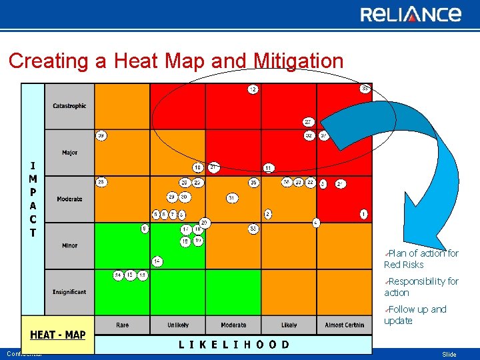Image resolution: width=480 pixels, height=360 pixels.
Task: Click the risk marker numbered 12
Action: pyautogui.click(x=253, y=89)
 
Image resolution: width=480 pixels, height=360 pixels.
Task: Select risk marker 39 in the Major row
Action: pyautogui.click(x=101, y=135)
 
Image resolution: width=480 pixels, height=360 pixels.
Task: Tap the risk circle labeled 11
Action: pyautogui.click(x=268, y=167)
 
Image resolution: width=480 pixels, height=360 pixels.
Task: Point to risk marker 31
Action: pyautogui.click(x=231, y=198)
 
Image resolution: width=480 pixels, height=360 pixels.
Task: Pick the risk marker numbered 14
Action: pyautogui.click(x=157, y=261)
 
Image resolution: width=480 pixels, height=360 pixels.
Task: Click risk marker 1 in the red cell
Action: pyautogui.click(x=363, y=214)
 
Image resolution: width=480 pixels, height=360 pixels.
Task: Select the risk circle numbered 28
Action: pyautogui.click(x=101, y=182)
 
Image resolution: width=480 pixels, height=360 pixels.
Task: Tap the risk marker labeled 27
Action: pyautogui.click(x=308, y=122)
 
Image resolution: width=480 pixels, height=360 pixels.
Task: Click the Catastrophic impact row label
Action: pyautogui.click(x=69, y=106)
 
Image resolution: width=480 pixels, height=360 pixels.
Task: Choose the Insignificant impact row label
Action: pyautogui.click(x=69, y=292)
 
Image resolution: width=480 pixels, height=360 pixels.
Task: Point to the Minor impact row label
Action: pyautogui.click(x=69, y=245)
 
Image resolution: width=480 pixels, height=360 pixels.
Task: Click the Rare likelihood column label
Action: pyautogui.click(x=123, y=325)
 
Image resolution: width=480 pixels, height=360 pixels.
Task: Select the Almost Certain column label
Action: pyautogui.click(x=345, y=325)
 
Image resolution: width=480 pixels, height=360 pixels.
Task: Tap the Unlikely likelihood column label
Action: pyautogui.click(x=178, y=325)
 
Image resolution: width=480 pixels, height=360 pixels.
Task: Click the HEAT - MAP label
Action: pyautogui.click(x=57, y=335)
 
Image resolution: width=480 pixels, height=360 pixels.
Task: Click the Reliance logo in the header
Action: pyautogui.click(x=411, y=14)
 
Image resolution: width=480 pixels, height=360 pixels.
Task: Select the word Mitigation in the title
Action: pyautogui.click(x=299, y=61)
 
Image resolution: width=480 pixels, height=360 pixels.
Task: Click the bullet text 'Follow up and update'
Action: pyautogui.click(x=418, y=315)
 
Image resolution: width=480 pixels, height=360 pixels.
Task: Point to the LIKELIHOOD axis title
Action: pyautogui.click(x=233, y=345)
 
